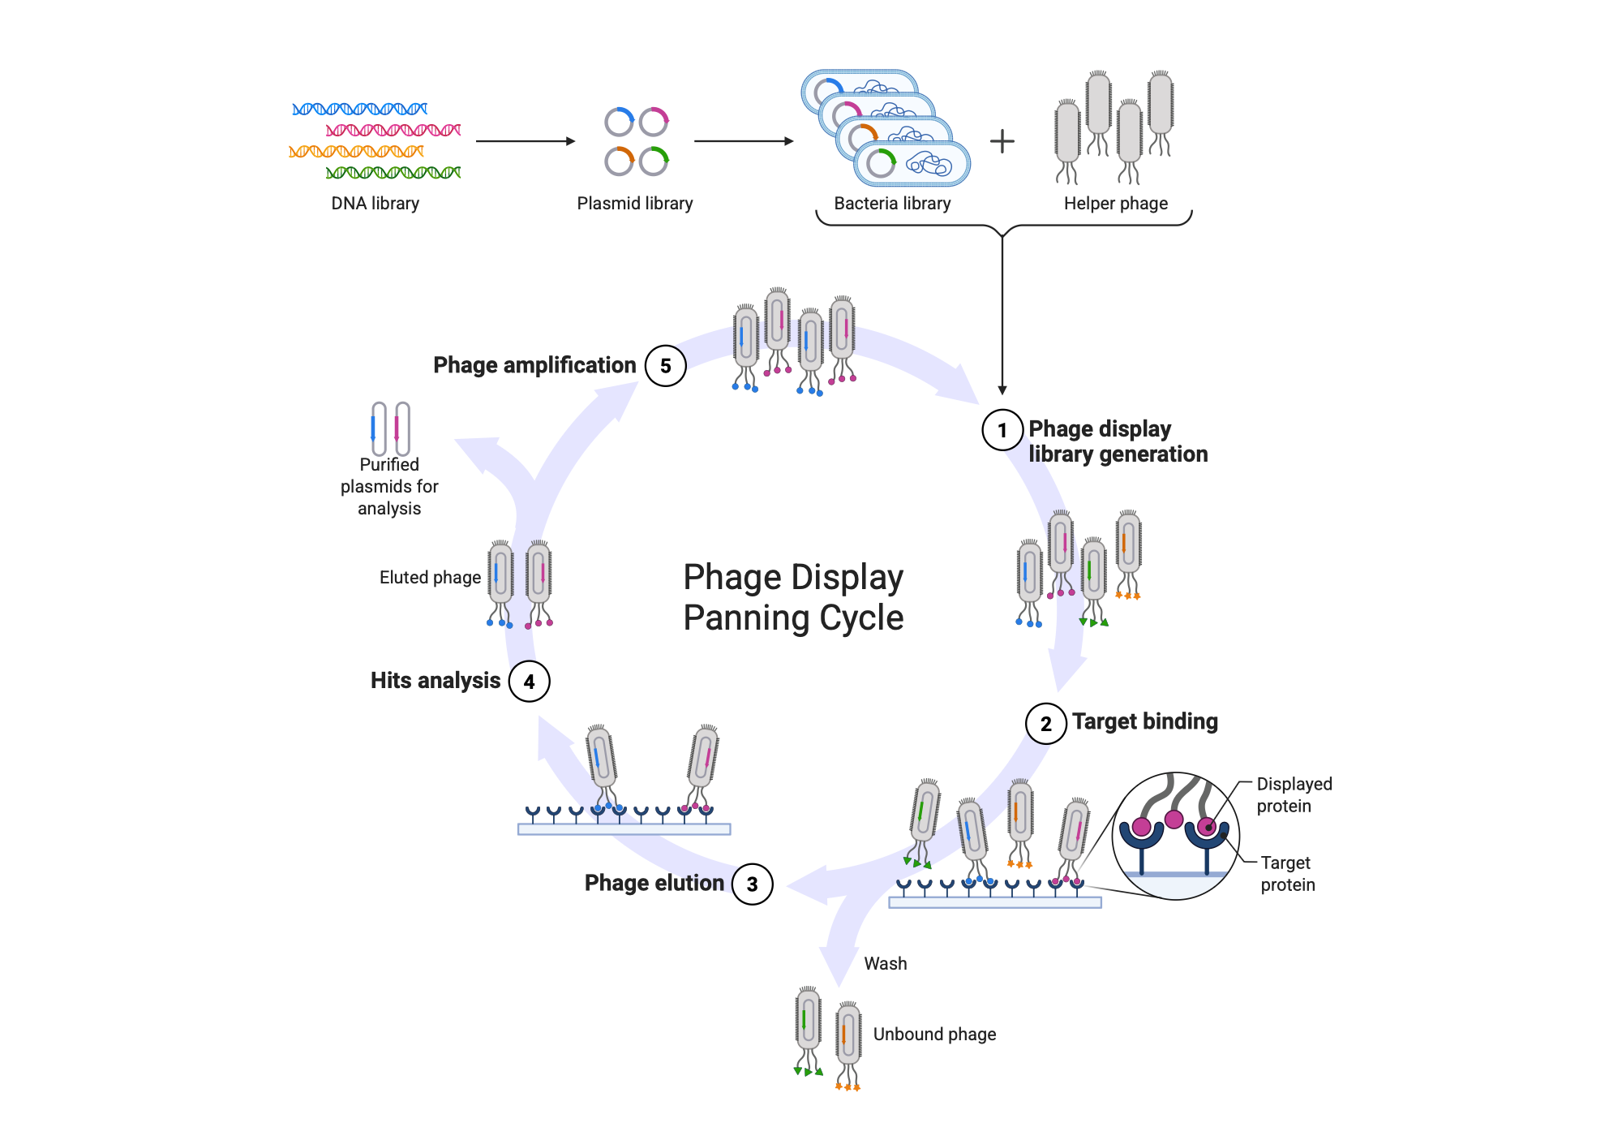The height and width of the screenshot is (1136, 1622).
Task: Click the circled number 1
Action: coord(1002,430)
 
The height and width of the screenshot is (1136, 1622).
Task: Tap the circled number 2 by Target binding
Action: coord(1046,724)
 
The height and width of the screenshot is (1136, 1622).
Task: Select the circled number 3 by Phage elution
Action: coord(753,884)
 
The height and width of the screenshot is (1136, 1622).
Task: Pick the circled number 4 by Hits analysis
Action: coord(530,682)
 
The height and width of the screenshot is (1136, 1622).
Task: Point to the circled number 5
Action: coord(666,366)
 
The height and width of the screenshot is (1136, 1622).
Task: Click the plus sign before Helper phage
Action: coord(1002,141)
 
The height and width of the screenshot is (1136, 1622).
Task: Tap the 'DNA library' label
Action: coord(375,204)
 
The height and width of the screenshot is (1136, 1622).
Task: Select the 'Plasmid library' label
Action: coord(635,204)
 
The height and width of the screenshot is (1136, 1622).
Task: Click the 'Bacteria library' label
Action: coord(892,204)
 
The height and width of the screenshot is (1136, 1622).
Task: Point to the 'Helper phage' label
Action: coord(1116,204)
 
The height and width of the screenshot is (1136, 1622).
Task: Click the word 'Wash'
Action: coord(886,964)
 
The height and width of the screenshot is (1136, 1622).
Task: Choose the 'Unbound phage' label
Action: coord(935,1035)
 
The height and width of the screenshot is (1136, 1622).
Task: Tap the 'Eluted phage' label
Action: coord(431,578)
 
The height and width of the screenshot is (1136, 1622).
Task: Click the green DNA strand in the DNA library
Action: coord(393,172)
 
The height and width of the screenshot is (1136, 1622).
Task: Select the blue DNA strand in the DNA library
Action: coord(360,109)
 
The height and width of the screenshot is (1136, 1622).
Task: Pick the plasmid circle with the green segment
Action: coord(654,161)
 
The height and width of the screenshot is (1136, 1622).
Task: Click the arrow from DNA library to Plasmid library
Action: coord(526,141)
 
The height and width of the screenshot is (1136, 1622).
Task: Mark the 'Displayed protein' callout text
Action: coord(1294,795)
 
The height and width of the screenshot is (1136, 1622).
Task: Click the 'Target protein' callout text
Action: coord(1288,874)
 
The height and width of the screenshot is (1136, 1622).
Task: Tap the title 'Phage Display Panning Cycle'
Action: coord(793,597)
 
